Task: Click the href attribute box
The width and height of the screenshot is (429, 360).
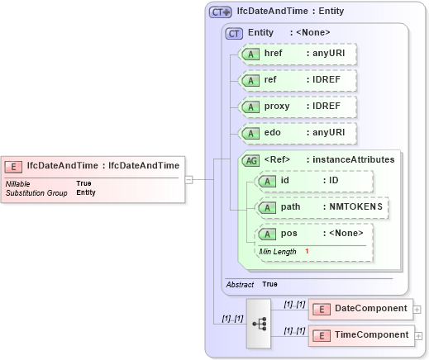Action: (297, 54)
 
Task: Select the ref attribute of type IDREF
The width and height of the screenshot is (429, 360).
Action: (297, 80)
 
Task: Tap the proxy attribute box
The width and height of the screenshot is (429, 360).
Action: (297, 107)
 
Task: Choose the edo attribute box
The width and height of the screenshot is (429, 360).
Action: (297, 133)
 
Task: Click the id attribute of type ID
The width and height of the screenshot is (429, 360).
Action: (313, 181)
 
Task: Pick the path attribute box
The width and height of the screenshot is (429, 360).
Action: (321, 206)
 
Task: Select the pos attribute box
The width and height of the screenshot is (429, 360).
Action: (313, 233)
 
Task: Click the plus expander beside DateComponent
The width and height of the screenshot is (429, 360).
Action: (417, 310)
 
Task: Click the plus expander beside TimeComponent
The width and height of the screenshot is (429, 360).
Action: (417, 336)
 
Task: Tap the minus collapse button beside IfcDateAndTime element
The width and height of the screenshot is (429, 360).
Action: (189, 179)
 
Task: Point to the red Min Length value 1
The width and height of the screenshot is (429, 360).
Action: (307, 251)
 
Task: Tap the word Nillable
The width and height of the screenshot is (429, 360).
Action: (19, 183)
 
